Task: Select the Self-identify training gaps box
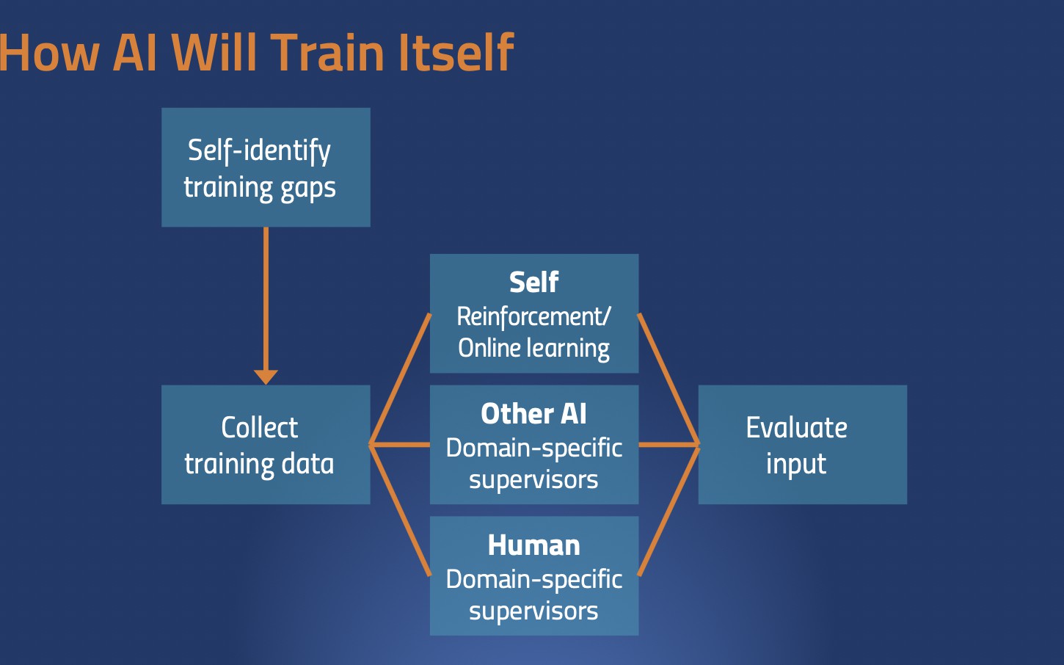click(266, 167)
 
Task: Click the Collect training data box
click(266, 445)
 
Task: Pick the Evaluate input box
click(802, 445)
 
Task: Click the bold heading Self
click(533, 282)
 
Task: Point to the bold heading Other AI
click(533, 414)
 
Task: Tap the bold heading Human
click(533, 545)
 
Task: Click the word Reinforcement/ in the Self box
click(533, 316)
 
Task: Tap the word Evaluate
click(796, 428)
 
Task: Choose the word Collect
click(259, 428)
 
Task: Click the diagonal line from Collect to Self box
click(401, 379)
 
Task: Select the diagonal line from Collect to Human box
click(401, 511)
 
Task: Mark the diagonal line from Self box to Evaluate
click(668, 379)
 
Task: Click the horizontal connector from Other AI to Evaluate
click(668, 445)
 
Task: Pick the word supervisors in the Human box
click(533, 611)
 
